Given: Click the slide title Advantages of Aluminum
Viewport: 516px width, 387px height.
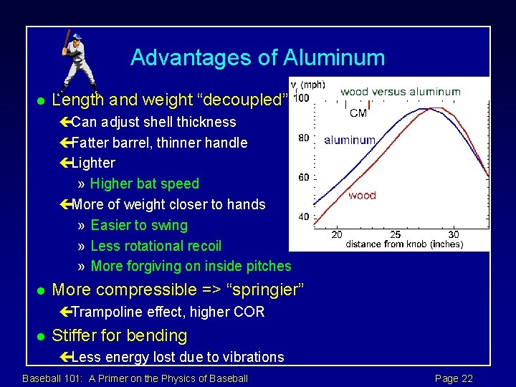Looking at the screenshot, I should click(257, 57).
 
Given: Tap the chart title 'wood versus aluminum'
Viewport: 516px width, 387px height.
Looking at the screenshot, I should click(400, 92).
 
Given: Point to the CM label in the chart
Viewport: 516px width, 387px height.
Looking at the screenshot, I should click(358, 113).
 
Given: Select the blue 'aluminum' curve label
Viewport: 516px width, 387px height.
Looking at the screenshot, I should click(350, 140).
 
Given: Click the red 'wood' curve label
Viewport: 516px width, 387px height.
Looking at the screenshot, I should click(362, 196).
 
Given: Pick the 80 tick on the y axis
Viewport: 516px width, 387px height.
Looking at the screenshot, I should click(304, 138).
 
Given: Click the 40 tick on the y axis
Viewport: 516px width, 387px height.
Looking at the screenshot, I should click(304, 217).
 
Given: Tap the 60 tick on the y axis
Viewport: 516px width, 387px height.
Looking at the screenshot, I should click(304, 178).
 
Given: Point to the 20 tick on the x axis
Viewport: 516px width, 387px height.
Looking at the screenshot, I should click(336, 234).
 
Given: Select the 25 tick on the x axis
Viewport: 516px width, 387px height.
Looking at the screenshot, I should click(395, 234).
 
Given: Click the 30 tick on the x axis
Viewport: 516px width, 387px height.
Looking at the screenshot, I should click(453, 234).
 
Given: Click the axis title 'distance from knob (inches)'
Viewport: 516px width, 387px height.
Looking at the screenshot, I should click(404, 244).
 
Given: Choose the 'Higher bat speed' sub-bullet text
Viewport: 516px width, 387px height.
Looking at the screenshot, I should click(145, 183).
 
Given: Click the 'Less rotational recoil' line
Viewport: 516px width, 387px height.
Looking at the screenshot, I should click(156, 246).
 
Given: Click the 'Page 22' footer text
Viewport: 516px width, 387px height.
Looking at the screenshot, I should click(454, 378).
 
